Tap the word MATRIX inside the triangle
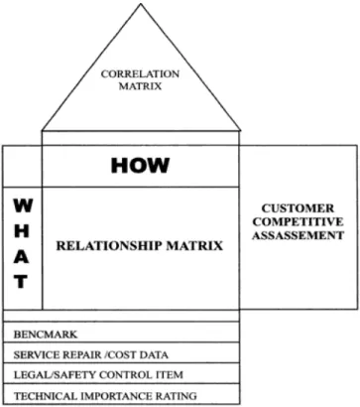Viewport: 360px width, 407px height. (x=140, y=86)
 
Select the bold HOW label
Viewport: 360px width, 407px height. (x=140, y=166)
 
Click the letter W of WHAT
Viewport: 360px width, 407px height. (x=23, y=205)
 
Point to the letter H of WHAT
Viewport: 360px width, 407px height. (x=22, y=230)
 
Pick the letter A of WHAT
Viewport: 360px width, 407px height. (x=21, y=256)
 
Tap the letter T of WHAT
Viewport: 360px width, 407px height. (x=21, y=282)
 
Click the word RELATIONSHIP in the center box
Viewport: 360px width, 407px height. (x=109, y=246)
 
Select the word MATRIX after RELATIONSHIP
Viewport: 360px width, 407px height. (x=194, y=246)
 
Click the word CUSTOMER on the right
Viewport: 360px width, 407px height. (x=298, y=208)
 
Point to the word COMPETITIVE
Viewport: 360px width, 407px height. (x=298, y=221)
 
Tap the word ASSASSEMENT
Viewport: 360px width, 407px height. (x=298, y=235)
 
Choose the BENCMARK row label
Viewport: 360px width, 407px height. (x=46, y=335)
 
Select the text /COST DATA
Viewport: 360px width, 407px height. (x=137, y=355)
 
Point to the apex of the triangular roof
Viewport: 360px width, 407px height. (x=141, y=4)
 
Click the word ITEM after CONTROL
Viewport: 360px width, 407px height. (x=170, y=375)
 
